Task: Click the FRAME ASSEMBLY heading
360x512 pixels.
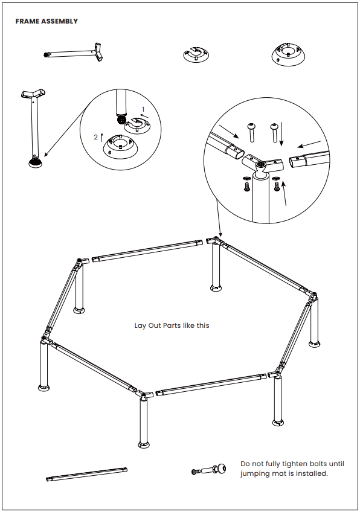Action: [47, 21]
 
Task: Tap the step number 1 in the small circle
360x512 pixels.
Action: [143, 109]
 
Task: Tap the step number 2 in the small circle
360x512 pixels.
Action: [95, 137]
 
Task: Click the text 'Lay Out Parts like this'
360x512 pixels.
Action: [172, 325]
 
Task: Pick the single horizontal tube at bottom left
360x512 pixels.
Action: [86, 474]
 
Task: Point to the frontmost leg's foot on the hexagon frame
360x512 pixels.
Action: [144, 444]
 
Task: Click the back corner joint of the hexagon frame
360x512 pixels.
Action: [214, 242]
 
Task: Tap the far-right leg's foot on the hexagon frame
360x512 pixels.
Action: [315, 344]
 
